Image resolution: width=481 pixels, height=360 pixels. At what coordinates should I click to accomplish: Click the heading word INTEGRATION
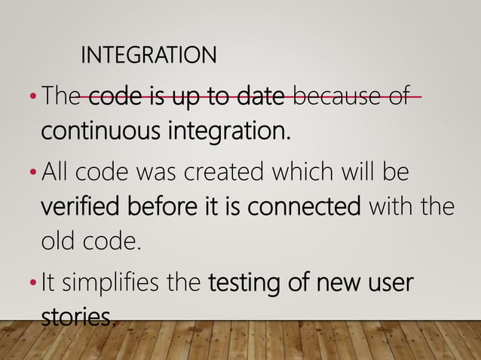click(148, 55)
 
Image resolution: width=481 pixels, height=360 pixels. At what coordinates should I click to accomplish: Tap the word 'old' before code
click(57, 243)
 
